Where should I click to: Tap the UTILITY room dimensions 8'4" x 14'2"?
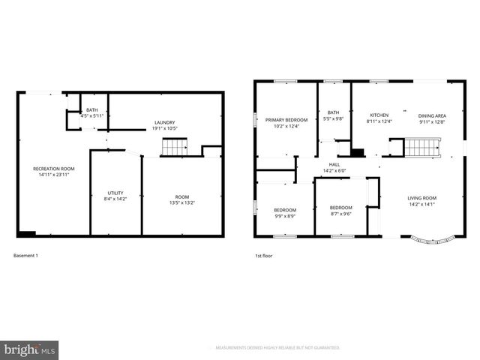(x=115, y=199)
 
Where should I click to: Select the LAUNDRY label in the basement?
(x=165, y=122)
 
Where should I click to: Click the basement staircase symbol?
(x=174, y=149)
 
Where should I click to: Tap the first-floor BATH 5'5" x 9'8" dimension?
(x=333, y=119)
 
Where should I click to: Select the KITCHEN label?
(x=379, y=115)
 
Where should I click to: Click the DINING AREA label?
(x=432, y=115)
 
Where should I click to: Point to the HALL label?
(x=334, y=165)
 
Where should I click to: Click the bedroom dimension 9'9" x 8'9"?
(x=285, y=216)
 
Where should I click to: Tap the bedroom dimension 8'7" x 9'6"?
(x=341, y=214)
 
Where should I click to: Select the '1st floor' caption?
(x=264, y=256)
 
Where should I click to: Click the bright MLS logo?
(x=30, y=349)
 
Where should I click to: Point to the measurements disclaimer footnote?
(x=277, y=348)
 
